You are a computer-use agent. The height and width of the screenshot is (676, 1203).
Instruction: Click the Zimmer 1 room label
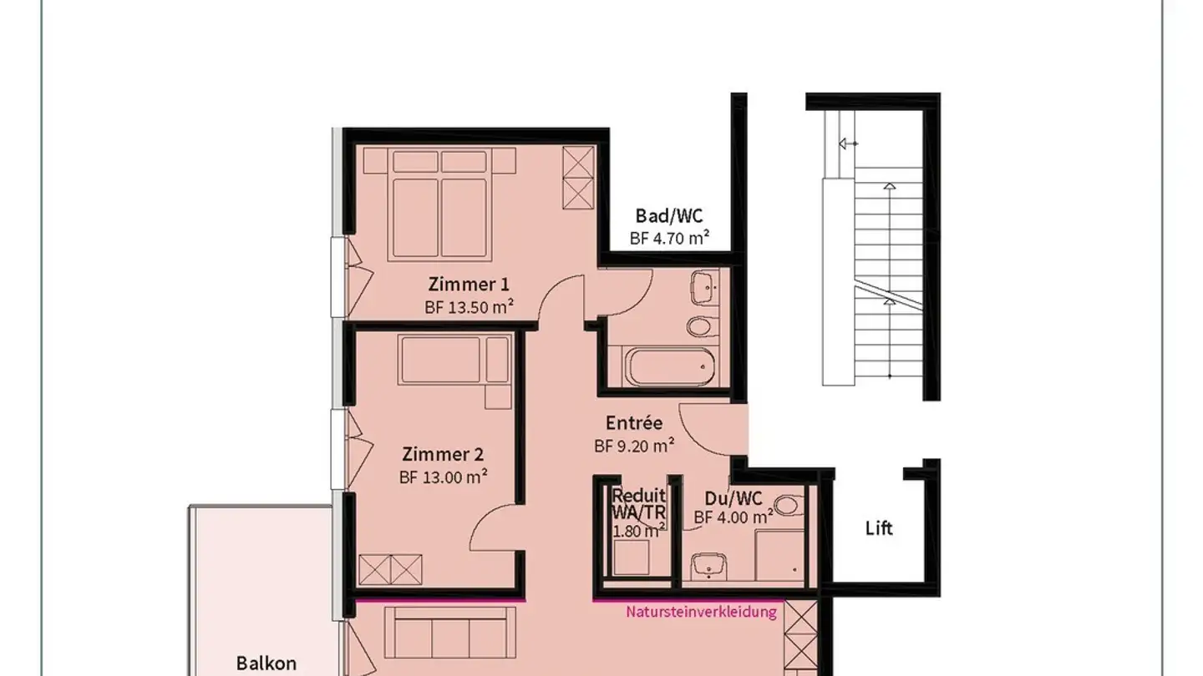click(469, 283)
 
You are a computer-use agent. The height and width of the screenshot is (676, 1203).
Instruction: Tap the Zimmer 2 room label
click(443, 455)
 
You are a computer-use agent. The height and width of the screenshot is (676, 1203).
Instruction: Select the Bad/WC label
click(669, 217)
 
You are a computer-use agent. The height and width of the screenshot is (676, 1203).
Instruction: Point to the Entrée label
click(634, 423)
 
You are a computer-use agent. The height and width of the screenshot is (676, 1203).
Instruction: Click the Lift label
click(879, 528)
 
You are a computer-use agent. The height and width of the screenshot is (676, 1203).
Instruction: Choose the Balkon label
click(266, 663)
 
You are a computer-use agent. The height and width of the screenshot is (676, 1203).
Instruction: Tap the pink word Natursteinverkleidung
click(701, 612)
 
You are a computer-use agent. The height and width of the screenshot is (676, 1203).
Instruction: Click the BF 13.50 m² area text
click(469, 306)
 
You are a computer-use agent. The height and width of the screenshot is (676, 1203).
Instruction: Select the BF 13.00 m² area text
click(443, 477)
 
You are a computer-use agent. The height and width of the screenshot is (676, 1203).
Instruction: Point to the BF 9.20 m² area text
click(634, 446)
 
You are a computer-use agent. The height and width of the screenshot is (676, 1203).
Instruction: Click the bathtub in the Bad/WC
click(671, 365)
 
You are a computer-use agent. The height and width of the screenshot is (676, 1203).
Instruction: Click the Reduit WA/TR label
click(639, 505)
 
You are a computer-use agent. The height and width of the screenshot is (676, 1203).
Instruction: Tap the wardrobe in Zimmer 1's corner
click(578, 178)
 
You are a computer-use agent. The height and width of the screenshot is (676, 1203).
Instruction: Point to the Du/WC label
click(733, 499)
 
